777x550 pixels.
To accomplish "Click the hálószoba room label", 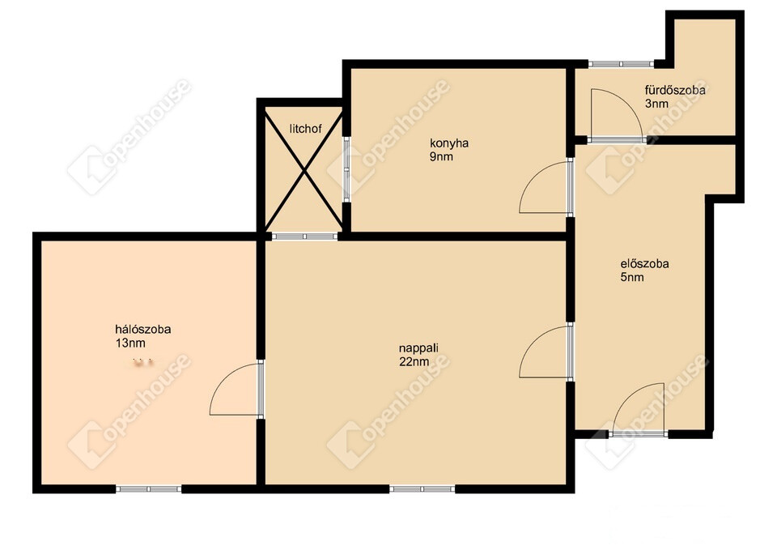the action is [x=142, y=330].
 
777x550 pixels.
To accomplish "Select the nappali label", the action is [x=418, y=348].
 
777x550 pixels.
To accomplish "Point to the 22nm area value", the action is [x=414, y=361].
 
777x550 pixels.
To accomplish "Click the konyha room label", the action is [x=449, y=143].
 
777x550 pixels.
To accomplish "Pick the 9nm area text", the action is [x=442, y=156].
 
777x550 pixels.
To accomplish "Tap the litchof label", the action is [x=305, y=129].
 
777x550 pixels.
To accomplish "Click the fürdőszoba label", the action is [x=675, y=90].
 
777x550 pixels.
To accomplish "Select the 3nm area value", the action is [x=656, y=104].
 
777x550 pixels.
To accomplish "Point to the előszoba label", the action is [x=645, y=264].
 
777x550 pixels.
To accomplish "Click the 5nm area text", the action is [x=632, y=277].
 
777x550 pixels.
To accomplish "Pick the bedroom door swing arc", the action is [x=224, y=378].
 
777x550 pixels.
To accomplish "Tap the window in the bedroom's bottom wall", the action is [x=149, y=489].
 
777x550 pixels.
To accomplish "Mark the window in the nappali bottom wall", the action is [x=422, y=489].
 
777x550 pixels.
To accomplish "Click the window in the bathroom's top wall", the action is [x=622, y=63].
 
